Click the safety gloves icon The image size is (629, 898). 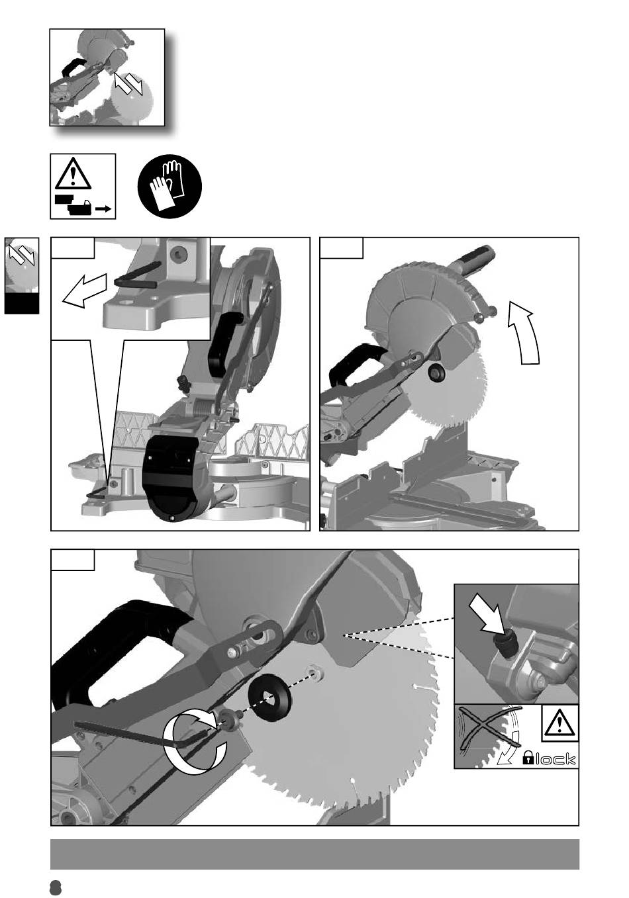169,187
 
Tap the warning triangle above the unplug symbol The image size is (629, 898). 73,173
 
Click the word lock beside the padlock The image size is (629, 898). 556,759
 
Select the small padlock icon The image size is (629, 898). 528,758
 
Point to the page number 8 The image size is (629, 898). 56,888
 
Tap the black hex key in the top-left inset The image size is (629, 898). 136,275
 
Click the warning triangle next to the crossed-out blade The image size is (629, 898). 560,724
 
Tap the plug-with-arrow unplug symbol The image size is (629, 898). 83,205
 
